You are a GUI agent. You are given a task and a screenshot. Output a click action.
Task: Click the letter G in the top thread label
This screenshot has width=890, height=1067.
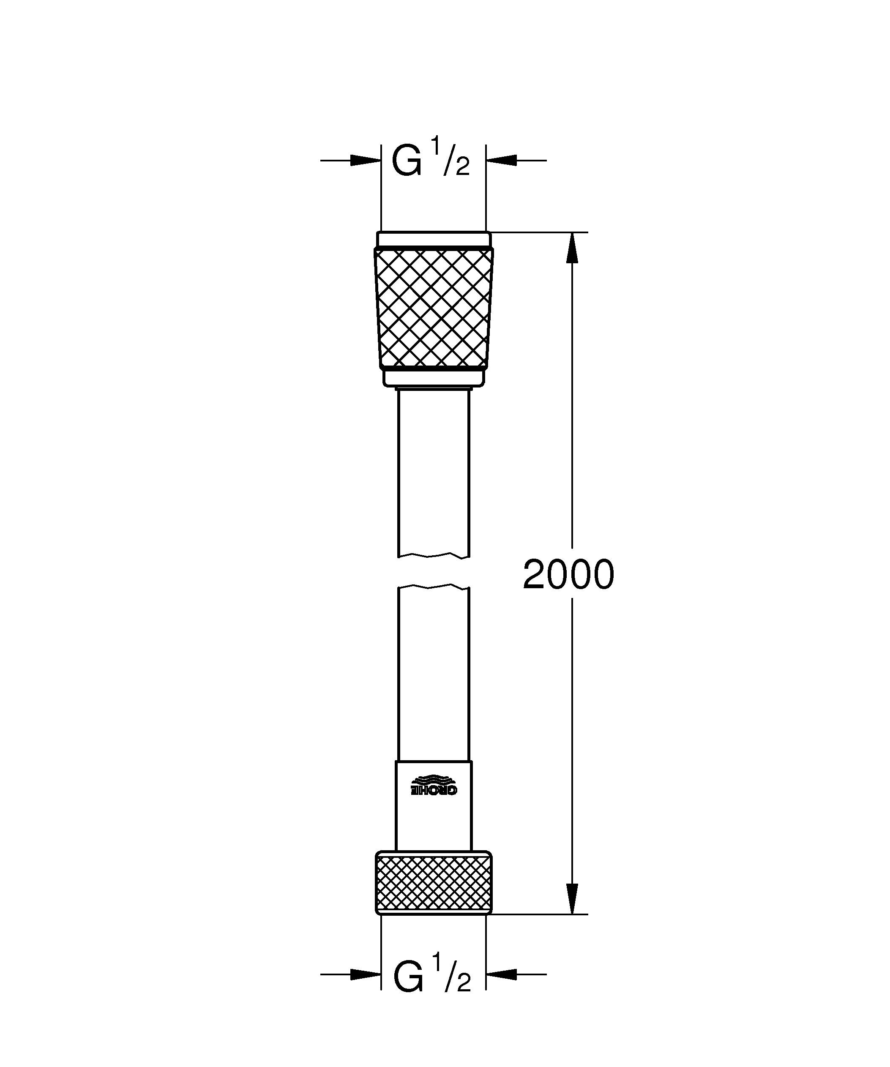point(407,161)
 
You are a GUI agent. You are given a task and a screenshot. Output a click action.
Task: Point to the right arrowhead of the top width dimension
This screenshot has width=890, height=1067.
point(501,160)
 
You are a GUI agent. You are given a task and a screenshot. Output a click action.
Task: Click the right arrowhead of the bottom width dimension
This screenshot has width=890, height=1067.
point(501,974)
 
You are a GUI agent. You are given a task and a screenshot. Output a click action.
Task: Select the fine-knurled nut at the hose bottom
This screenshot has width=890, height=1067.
point(433,883)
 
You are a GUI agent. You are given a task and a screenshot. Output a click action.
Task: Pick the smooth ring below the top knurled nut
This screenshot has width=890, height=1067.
point(433,377)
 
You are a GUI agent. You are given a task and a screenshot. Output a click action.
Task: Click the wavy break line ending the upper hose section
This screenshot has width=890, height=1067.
point(433,555)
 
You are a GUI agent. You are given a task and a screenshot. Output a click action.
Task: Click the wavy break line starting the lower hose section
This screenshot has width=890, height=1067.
point(433,587)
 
